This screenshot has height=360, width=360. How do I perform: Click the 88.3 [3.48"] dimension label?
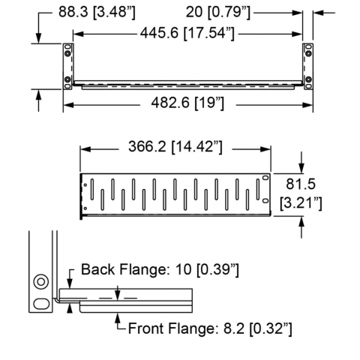[97, 12]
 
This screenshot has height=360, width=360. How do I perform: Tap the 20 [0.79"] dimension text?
[218, 12]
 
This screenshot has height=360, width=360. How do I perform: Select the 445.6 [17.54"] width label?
[187, 33]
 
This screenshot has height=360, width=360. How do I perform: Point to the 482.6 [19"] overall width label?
[187, 103]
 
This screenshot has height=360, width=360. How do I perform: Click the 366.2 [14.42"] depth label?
[175, 147]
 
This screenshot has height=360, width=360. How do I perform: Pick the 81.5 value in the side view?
[301, 184]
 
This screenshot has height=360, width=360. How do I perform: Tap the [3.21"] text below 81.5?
[301, 203]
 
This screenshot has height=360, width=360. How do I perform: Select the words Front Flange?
[172, 328]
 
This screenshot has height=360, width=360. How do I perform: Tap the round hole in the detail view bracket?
[41, 282]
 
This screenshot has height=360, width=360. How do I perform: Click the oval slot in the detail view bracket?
[41, 304]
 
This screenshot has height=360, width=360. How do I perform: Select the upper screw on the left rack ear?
[67, 53]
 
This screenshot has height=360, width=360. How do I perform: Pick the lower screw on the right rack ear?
[309, 79]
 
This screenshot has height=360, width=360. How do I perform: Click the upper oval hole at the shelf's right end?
[265, 178]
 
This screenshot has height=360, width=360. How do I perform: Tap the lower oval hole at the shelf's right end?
[265, 201]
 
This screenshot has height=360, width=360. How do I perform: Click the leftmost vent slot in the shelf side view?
[92, 189]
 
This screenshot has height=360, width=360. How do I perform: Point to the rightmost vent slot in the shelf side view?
[258, 189]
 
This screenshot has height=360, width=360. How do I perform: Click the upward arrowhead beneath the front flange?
[118, 317]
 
